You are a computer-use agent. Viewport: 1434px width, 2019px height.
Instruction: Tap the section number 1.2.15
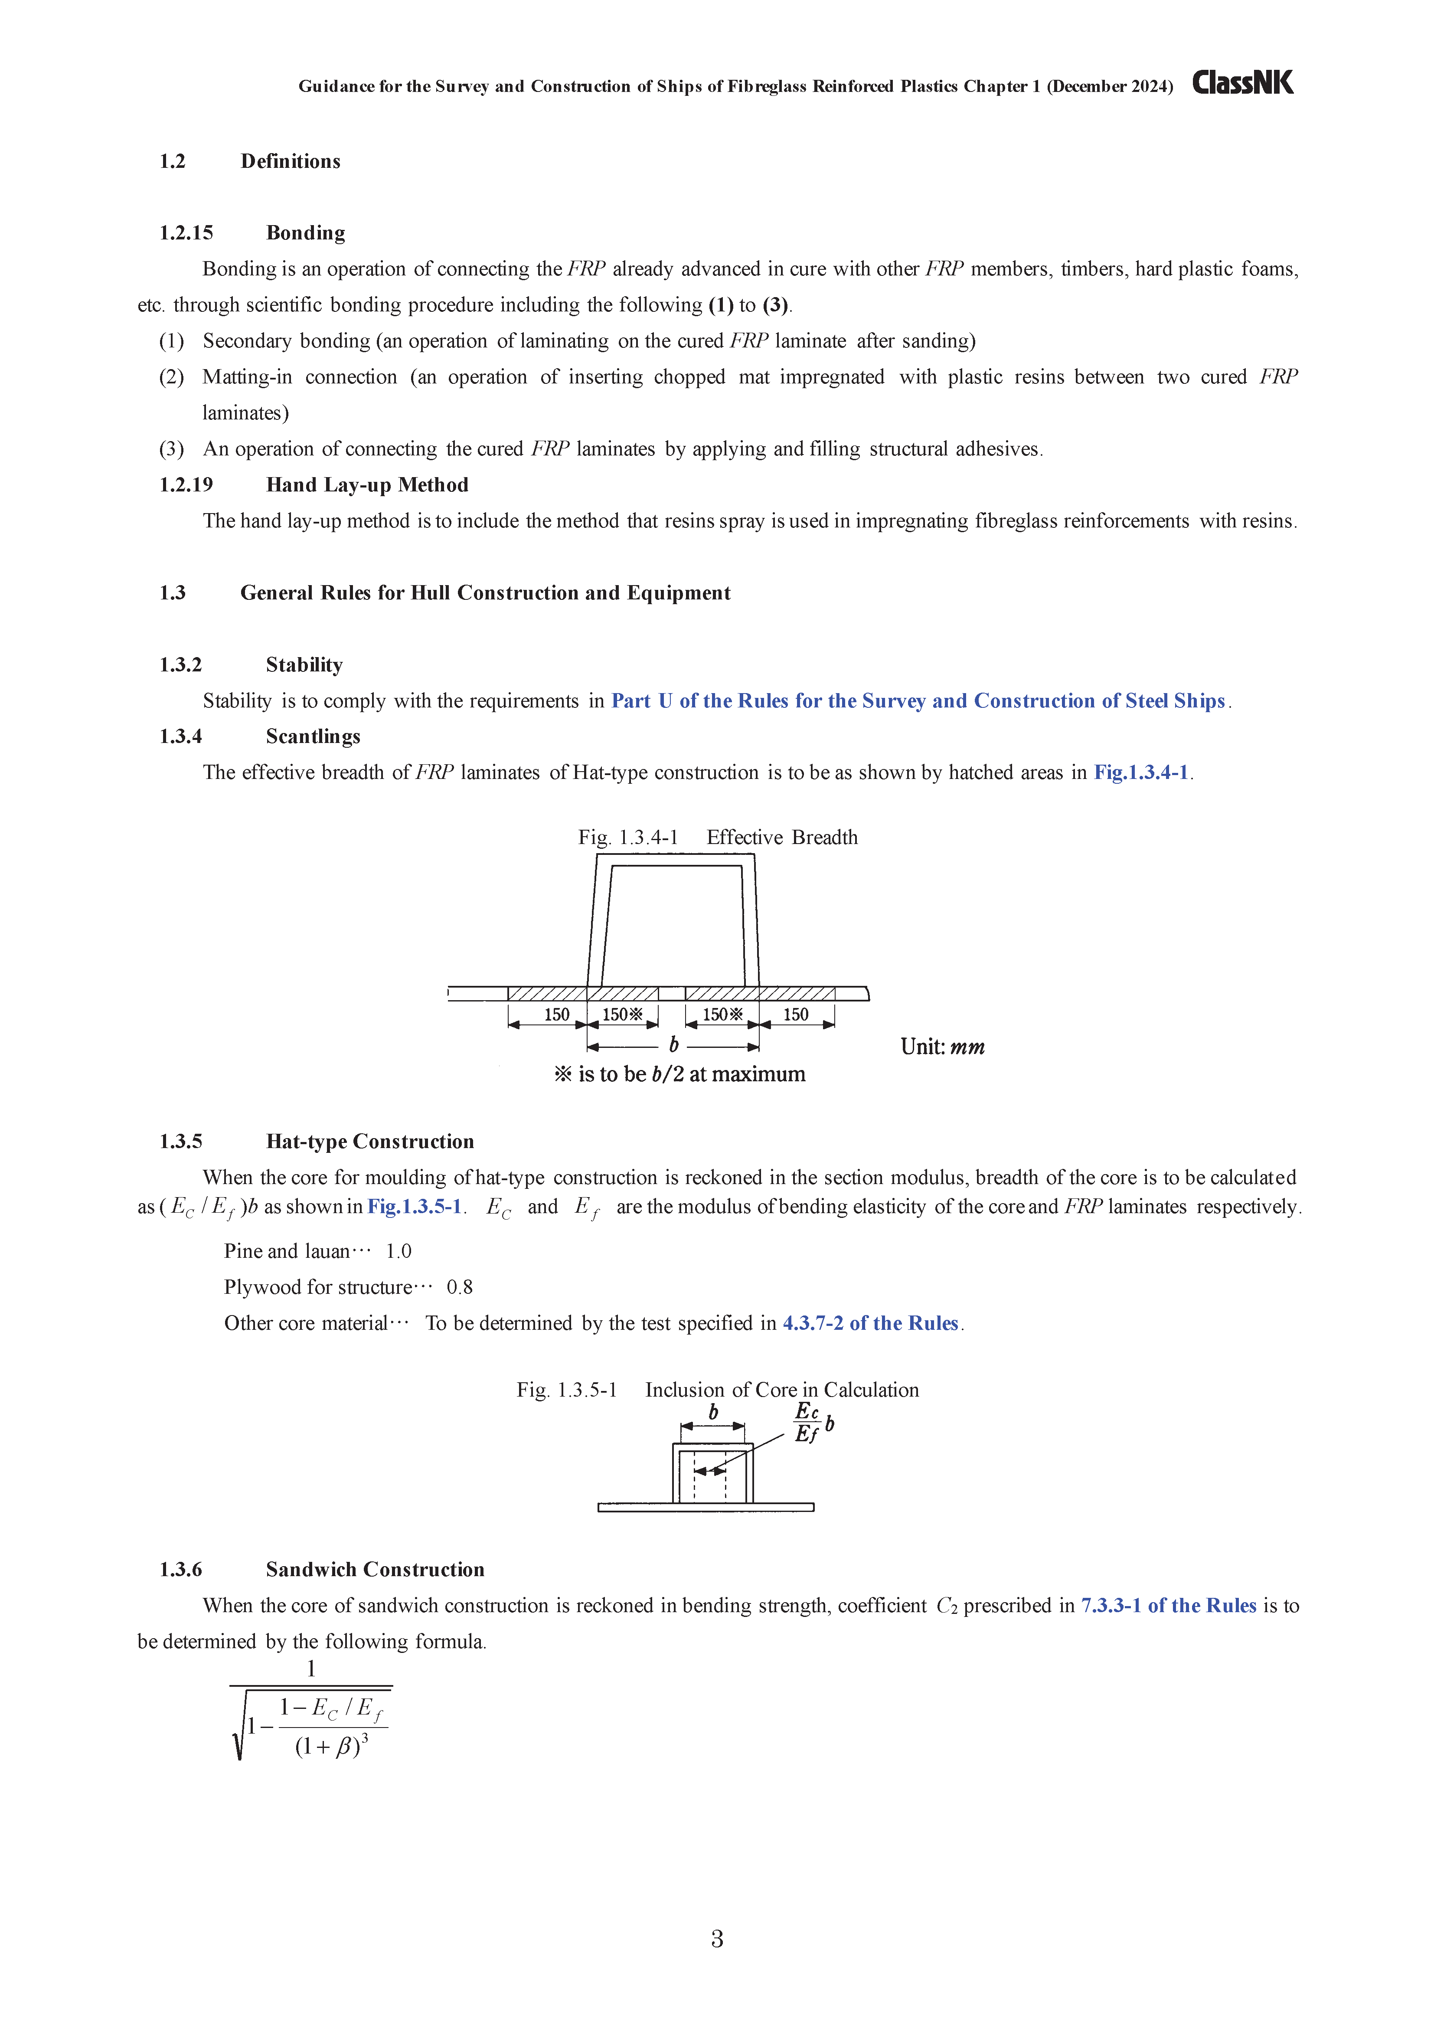[x=186, y=233]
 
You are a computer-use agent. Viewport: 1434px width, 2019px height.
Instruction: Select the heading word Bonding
[x=306, y=233]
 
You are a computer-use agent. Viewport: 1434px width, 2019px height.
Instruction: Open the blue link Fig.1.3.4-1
[x=1141, y=773]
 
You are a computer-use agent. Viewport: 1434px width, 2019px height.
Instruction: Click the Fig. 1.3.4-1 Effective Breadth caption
[x=717, y=837]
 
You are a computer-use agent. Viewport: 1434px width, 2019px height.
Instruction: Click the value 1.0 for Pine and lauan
[x=398, y=1251]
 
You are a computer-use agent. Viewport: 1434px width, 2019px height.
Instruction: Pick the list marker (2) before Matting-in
[x=171, y=377]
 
